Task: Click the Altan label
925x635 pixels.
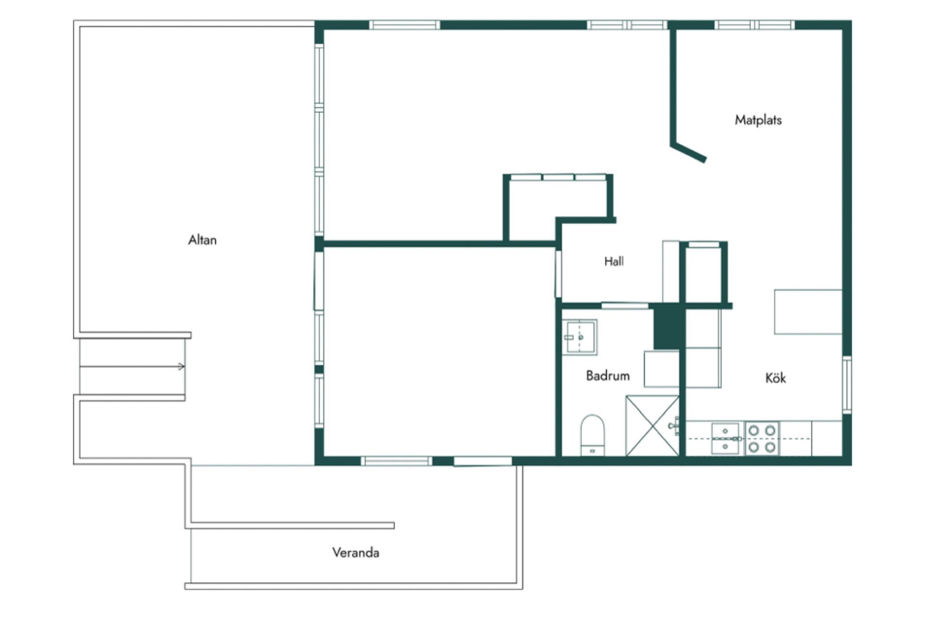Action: (x=202, y=240)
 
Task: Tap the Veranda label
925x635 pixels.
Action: (x=356, y=552)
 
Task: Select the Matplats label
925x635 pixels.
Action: (x=758, y=120)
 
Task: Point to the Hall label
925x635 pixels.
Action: (x=614, y=261)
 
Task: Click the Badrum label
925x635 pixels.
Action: (x=608, y=376)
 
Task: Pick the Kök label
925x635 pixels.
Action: (x=775, y=378)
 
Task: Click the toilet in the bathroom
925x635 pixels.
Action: (x=592, y=435)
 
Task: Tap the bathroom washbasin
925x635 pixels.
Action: (x=580, y=337)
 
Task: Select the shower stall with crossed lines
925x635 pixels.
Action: (x=652, y=425)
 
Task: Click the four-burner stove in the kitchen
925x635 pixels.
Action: (x=762, y=438)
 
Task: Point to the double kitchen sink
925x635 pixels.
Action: (x=725, y=438)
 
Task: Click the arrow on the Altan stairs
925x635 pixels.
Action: (x=132, y=366)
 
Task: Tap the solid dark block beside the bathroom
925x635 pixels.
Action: (x=669, y=326)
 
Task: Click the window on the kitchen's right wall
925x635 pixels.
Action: (x=847, y=384)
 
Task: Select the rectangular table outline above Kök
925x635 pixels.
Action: (x=808, y=311)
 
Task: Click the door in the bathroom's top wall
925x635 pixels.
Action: (x=625, y=305)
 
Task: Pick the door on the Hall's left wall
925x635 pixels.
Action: (x=558, y=274)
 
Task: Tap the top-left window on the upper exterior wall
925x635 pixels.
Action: (x=405, y=25)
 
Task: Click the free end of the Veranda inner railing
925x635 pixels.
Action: (x=393, y=525)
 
